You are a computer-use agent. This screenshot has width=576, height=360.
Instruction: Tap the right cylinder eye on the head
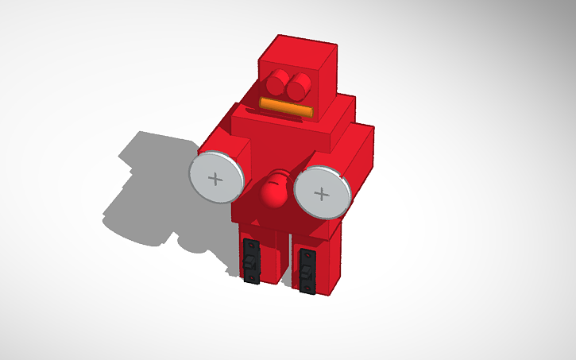click(300, 83)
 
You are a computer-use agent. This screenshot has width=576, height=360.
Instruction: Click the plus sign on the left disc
click(215, 178)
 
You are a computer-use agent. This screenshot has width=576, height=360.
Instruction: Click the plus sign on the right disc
click(321, 193)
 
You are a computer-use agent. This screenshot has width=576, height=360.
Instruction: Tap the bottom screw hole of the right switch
click(307, 287)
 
